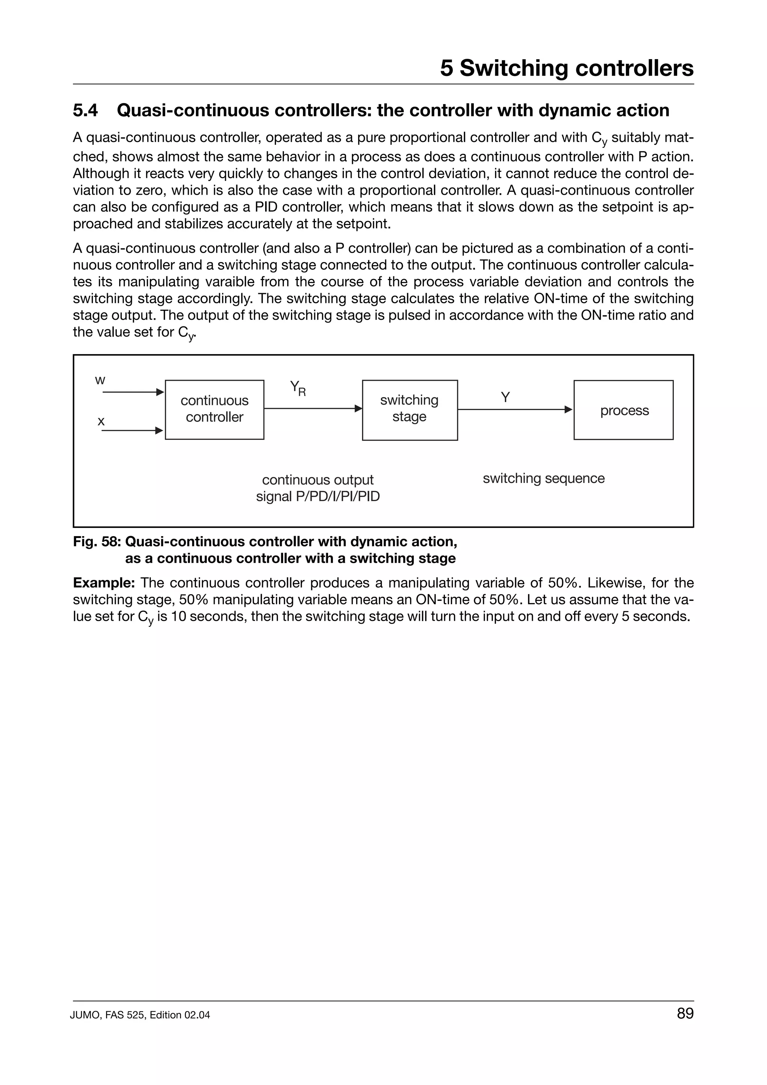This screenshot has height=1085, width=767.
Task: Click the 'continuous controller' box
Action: [214, 409]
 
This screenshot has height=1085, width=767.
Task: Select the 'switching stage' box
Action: [409, 409]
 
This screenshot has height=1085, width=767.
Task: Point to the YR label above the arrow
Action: [298, 389]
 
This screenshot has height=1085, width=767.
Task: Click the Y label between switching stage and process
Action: [505, 397]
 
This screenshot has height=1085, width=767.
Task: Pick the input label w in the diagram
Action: [100, 380]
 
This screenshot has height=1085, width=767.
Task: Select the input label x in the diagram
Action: [101, 421]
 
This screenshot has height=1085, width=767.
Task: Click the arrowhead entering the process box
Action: [569, 409]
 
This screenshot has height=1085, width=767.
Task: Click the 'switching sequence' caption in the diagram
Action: [543, 478]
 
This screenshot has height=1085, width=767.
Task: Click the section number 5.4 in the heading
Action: [85, 110]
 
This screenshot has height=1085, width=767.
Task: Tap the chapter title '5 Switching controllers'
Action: [567, 68]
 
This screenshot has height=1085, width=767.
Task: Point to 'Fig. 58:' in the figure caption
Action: [97, 541]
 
